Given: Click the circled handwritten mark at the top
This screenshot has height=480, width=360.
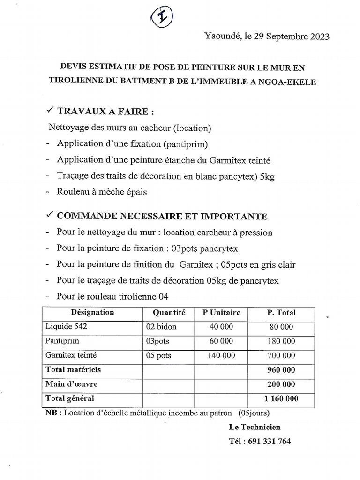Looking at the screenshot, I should [162, 18].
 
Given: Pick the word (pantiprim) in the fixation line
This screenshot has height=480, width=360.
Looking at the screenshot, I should [185, 143].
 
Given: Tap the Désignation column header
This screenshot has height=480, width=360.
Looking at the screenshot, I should [92, 312].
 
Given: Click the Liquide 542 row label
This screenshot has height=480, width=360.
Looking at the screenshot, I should [66, 327].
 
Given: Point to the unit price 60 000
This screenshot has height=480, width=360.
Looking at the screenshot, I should [221, 341].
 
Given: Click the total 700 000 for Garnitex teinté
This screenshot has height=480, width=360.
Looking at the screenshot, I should [281, 356].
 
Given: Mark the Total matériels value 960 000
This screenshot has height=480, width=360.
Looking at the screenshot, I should [281, 370].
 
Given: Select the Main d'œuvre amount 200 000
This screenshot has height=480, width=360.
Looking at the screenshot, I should [281, 384].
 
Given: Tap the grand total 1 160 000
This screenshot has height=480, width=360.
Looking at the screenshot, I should [281, 399].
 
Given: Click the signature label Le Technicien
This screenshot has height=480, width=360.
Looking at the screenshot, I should [255, 427].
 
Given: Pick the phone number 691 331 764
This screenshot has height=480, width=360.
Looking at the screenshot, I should [272, 441].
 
